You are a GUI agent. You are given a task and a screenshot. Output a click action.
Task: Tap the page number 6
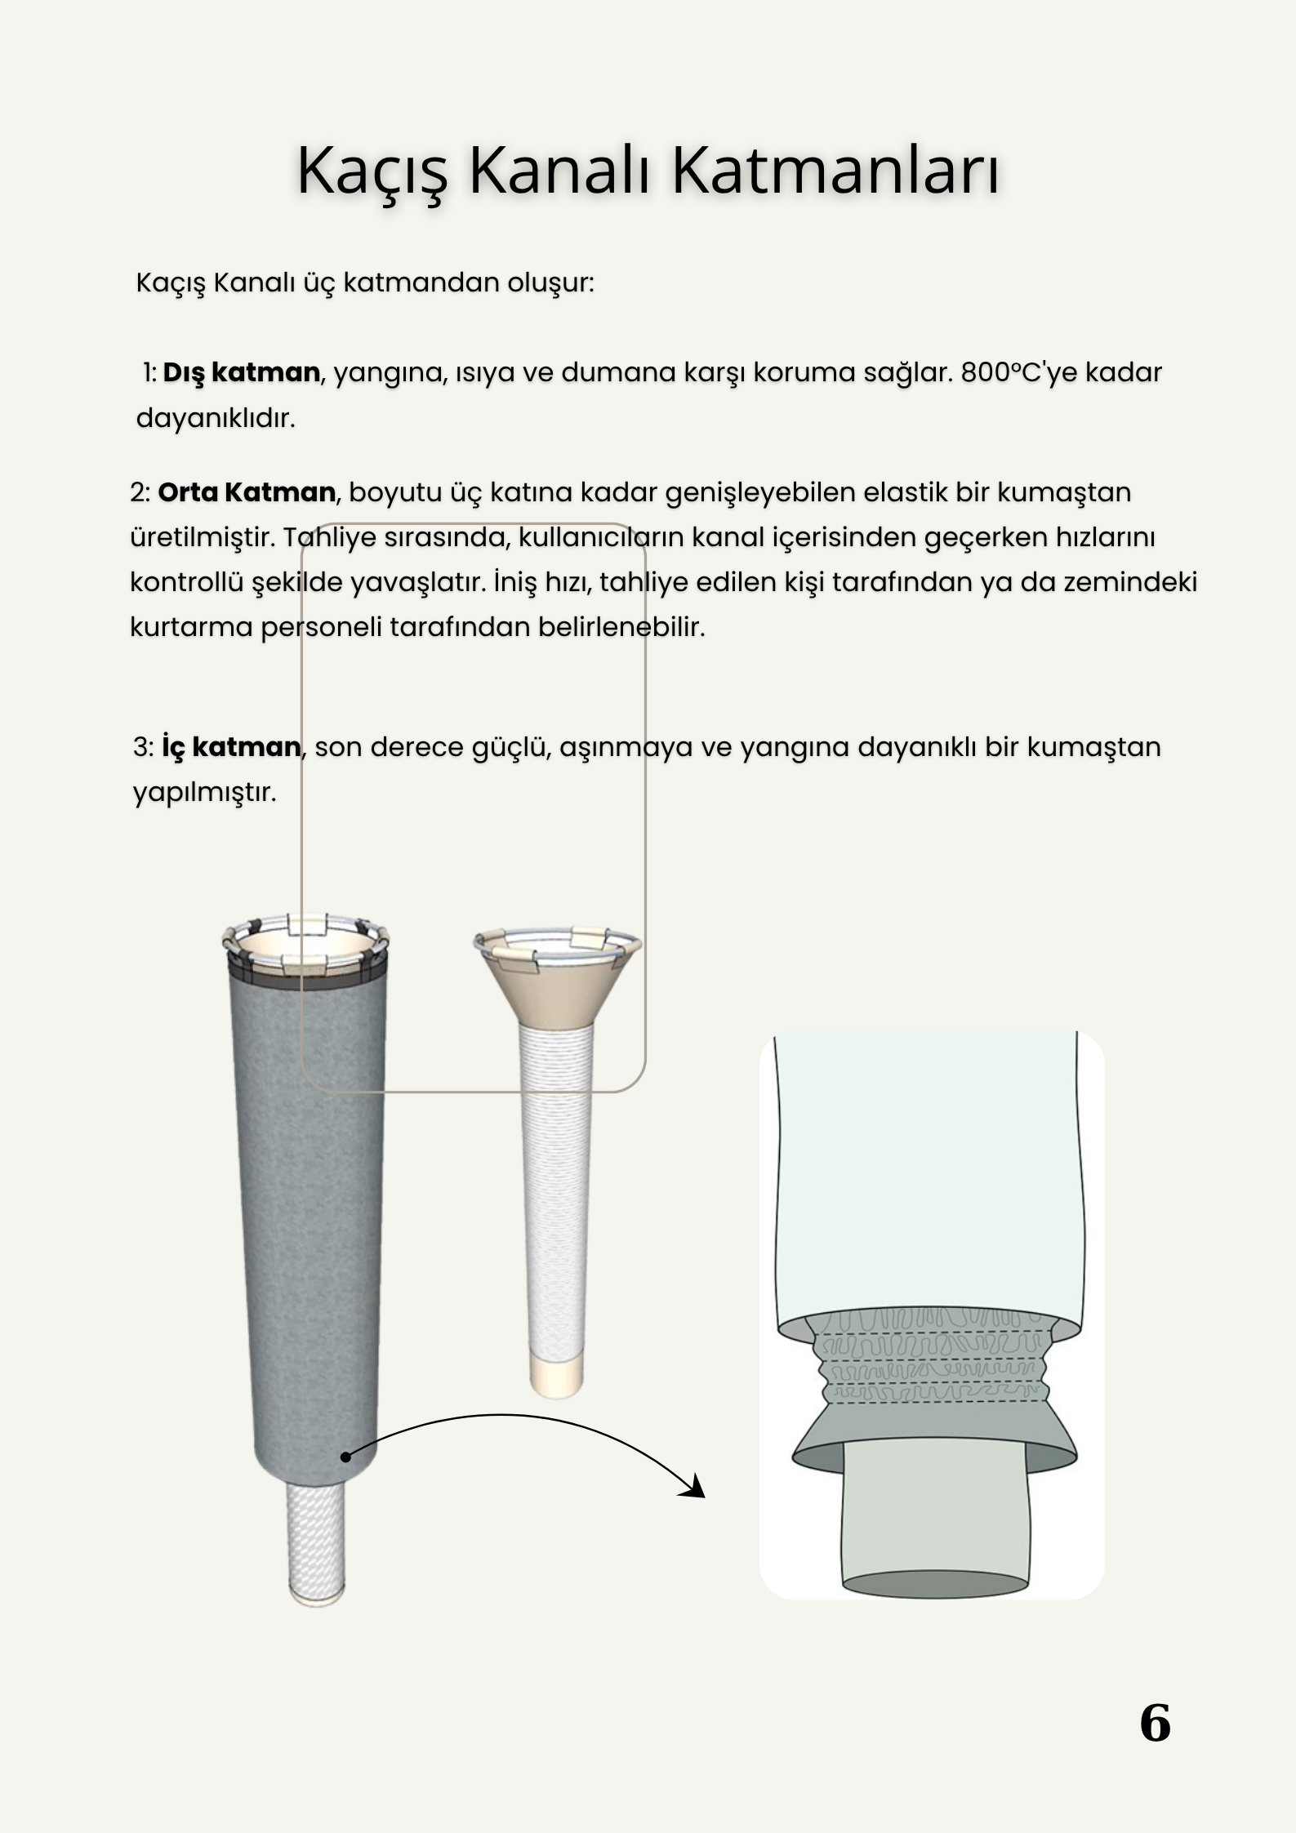(1154, 1724)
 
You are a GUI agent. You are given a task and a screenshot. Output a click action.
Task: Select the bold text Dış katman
(241, 373)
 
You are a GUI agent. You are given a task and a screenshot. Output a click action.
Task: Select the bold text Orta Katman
(246, 492)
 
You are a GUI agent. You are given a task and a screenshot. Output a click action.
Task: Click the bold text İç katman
(230, 747)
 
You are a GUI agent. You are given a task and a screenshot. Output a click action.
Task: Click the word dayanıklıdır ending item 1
(216, 419)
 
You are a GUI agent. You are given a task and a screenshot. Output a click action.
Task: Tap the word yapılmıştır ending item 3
(204, 792)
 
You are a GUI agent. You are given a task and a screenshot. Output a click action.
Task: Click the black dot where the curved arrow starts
(345, 1457)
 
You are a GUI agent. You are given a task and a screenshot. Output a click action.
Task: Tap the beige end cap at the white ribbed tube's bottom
(556, 1375)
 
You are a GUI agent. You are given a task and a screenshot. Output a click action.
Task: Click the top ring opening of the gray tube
(305, 944)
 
